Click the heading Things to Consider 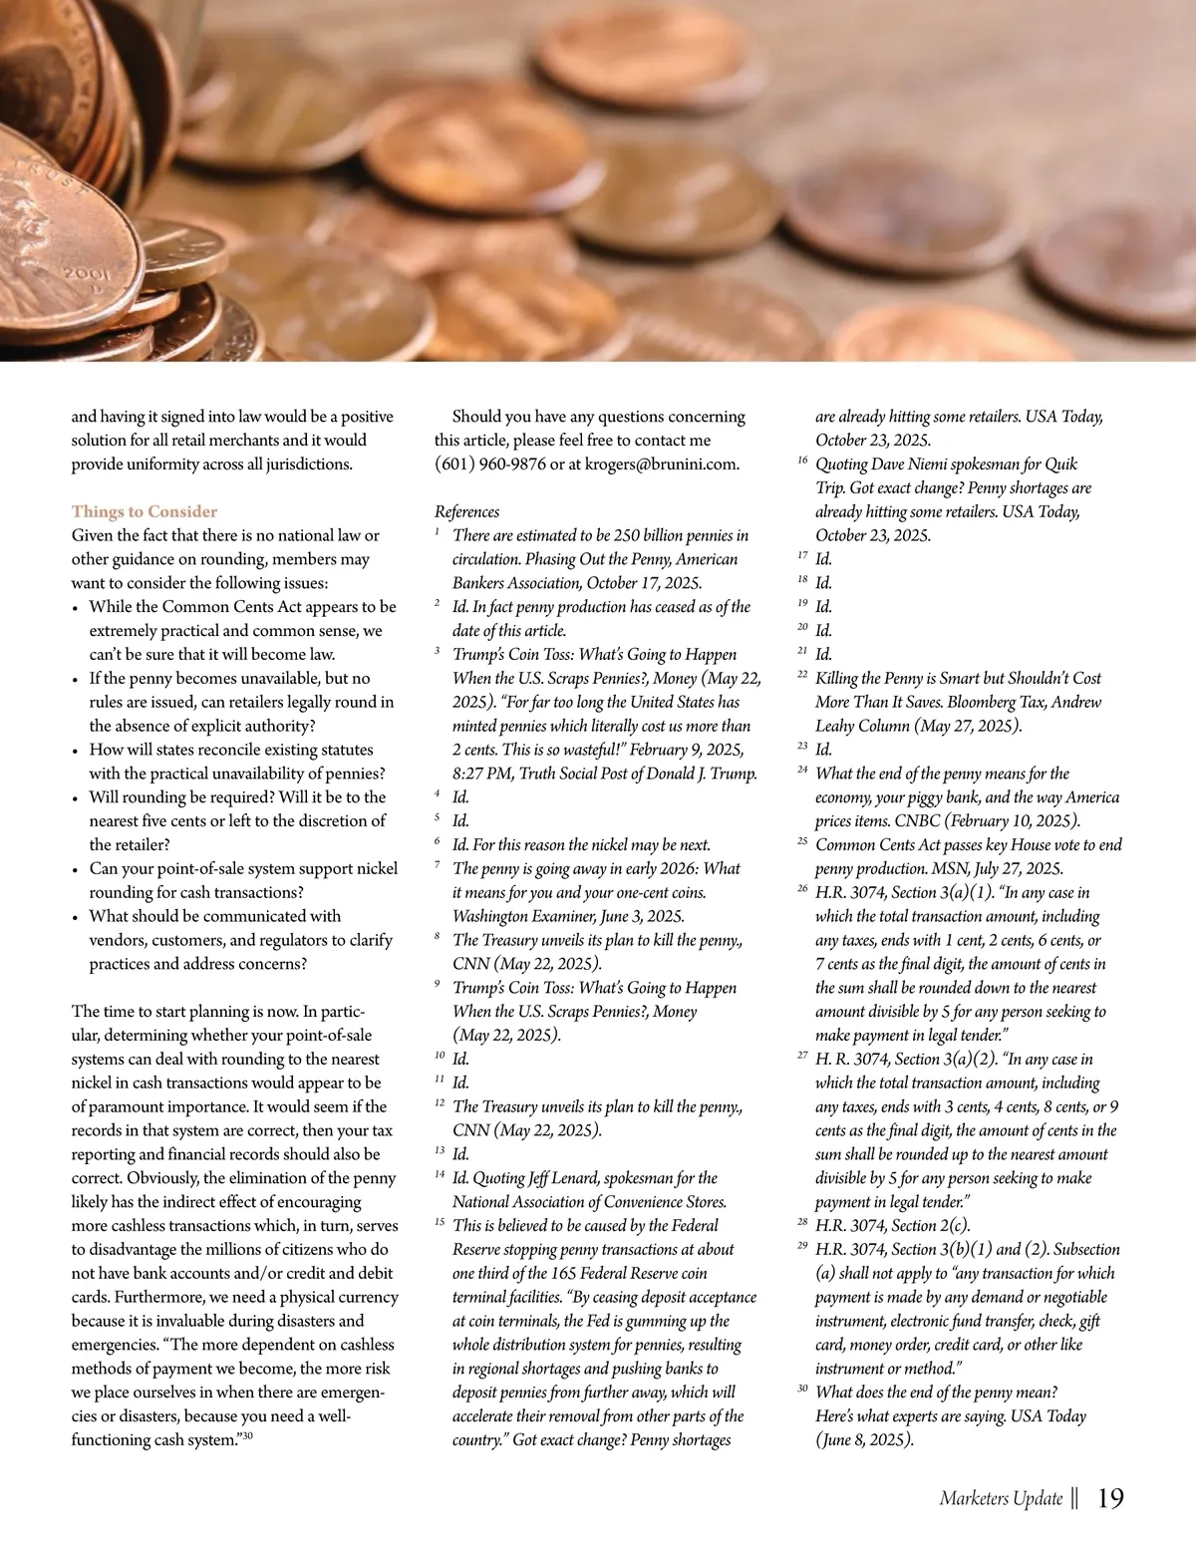coord(144,511)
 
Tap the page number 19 coord(1110,1498)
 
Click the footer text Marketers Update coord(1001,1499)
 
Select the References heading coord(466,511)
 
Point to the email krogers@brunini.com coord(662,465)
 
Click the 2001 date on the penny coord(86,273)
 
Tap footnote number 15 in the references coord(440,1222)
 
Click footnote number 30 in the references coord(802,1389)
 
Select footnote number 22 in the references coord(802,675)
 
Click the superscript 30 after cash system coord(247,1435)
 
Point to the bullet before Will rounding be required coord(77,798)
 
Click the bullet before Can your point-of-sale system coord(77,870)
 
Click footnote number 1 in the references coord(438,532)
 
